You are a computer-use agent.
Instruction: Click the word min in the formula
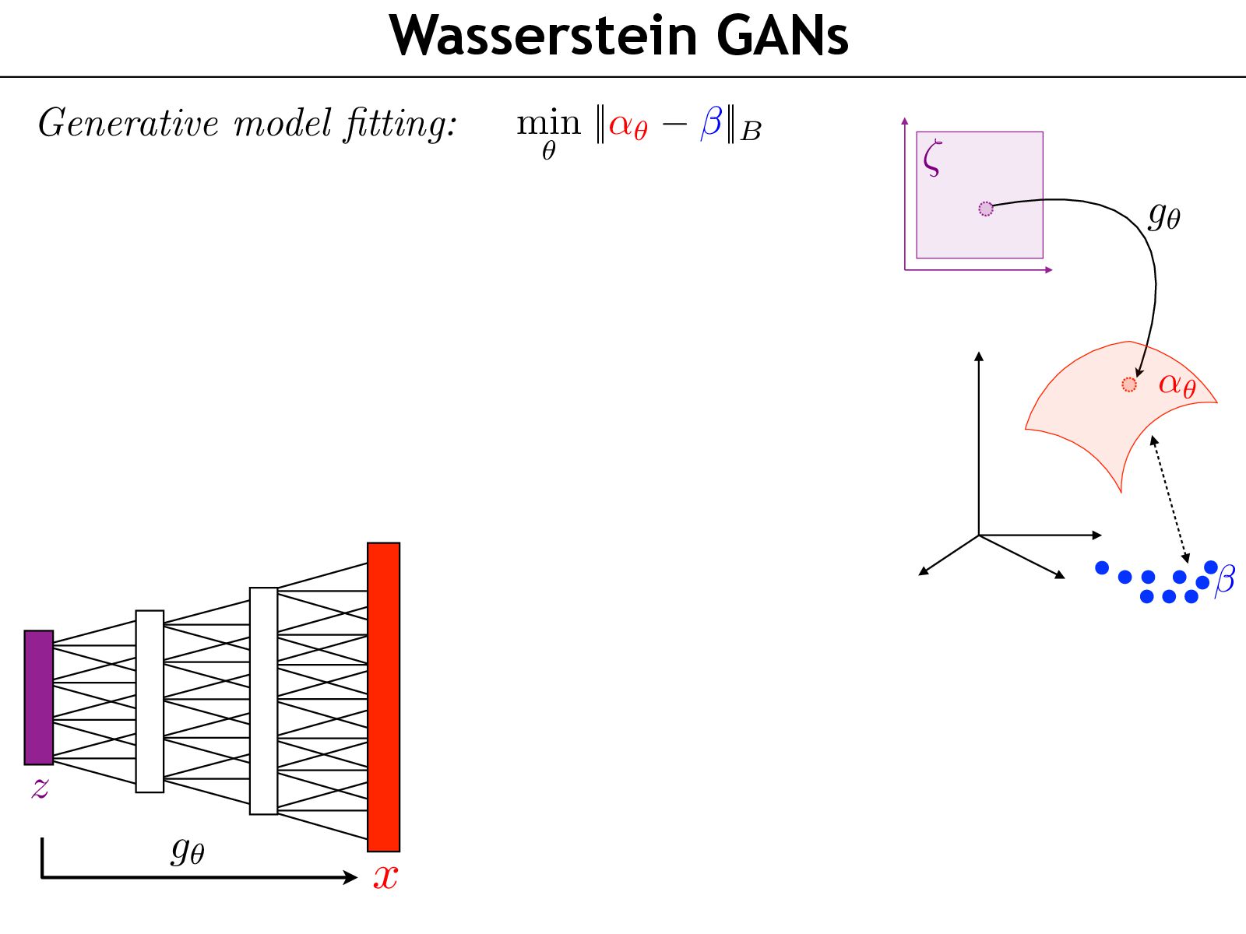[548, 123]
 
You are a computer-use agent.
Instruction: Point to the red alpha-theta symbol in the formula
[628, 125]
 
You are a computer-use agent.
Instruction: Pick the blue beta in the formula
[712, 123]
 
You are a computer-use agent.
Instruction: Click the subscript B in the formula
[751, 132]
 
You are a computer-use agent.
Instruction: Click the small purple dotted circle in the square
[986, 209]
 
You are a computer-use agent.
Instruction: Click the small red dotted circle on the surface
[1129, 384]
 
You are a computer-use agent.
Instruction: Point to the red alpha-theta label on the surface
[1177, 384]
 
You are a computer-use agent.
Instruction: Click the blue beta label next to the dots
[1225, 579]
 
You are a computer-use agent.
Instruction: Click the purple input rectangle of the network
[39, 697]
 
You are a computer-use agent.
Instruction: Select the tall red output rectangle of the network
[383, 697]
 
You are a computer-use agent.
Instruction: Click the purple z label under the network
[40, 788]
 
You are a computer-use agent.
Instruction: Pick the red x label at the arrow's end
[385, 876]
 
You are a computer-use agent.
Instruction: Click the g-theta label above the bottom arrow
[188, 850]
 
